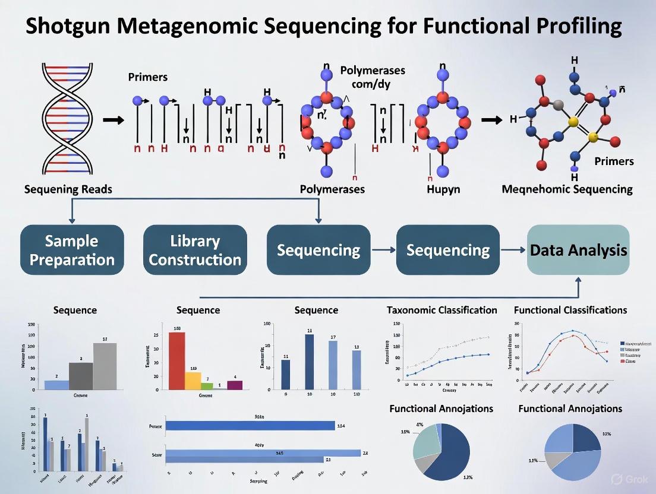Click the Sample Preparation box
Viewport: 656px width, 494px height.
(72, 250)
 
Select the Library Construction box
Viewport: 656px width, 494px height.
(195, 250)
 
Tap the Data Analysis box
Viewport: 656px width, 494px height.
(578, 250)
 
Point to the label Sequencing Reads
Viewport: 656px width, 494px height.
(68, 189)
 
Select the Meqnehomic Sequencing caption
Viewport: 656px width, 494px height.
(567, 189)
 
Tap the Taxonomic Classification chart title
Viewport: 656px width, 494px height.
(441, 310)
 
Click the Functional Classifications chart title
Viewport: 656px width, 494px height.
(570, 310)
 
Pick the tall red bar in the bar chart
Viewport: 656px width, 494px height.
(177, 360)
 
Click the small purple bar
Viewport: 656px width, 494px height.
(235, 385)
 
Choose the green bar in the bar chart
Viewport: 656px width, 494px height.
(207, 386)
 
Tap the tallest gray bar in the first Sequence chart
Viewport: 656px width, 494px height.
(105, 366)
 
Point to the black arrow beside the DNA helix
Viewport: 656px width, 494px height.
(113, 121)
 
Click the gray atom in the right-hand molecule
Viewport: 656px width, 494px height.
(557, 106)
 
